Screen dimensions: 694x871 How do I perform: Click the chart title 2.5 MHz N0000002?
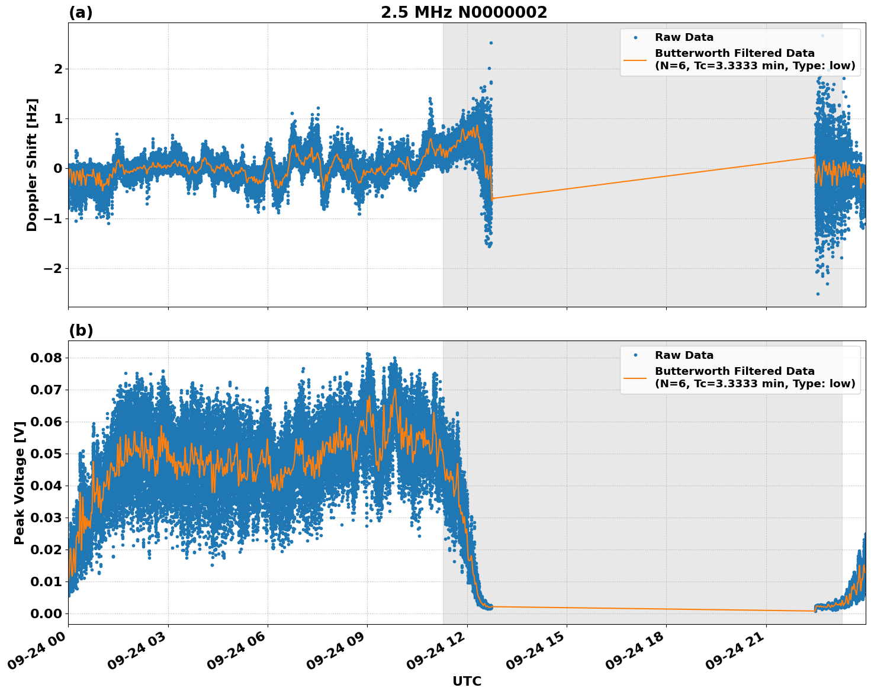pos(464,12)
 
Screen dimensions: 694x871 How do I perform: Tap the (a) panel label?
pos(81,12)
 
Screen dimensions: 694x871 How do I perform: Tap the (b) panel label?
pos(81,330)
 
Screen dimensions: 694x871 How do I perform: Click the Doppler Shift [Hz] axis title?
pos(32,165)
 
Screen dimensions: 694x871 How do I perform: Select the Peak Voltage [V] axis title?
pos(20,483)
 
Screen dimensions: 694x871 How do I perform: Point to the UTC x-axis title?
pos(467,681)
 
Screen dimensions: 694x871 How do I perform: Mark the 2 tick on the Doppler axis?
pos(58,69)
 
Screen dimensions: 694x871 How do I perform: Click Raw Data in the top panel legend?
pos(684,37)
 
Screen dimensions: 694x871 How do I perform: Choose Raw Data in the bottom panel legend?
pos(684,355)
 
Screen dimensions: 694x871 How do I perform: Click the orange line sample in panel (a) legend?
pos(635,60)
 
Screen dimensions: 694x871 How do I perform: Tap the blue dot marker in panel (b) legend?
pos(635,355)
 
